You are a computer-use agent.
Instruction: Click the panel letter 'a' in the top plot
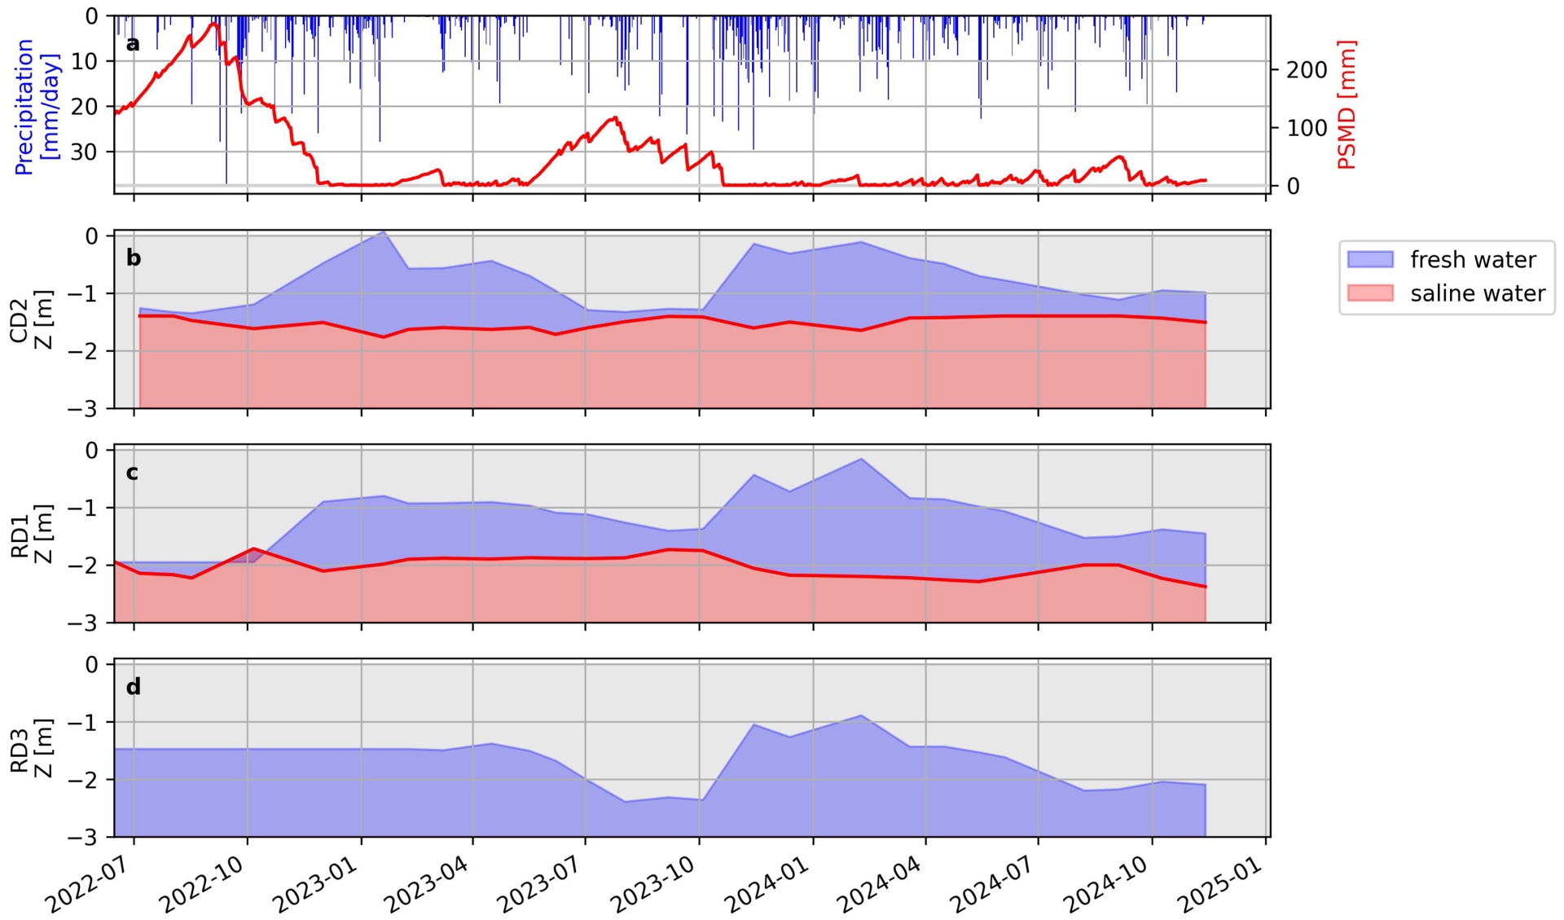[x=133, y=44]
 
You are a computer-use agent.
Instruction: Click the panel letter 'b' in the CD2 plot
[x=134, y=258]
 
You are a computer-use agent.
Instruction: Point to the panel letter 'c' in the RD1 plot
[x=133, y=473]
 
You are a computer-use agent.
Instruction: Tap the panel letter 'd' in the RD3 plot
[x=134, y=687]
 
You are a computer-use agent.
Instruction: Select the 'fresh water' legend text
[x=1473, y=260]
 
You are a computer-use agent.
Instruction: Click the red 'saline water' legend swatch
[x=1370, y=293]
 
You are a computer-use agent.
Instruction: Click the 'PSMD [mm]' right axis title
[x=1347, y=104]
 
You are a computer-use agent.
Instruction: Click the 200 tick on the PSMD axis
[x=1306, y=70]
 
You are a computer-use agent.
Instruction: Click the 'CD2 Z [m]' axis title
[x=30, y=319]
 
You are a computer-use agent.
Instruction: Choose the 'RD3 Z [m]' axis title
[x=30, y=748]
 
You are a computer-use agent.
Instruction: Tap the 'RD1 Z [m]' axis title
[x=30, y=534]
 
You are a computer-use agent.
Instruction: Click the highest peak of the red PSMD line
[x=214, y=24]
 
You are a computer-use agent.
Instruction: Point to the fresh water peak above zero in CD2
[x=384, y=232]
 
